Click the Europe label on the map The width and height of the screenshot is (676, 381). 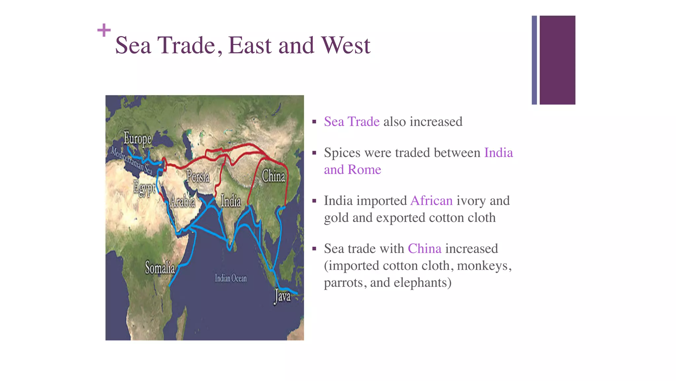pos(138,139)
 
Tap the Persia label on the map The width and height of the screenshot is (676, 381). pos(198,176)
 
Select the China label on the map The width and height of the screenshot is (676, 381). pos(273,176)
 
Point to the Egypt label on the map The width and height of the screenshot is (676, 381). pos(144,188)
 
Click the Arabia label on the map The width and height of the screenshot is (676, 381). pos(183,201)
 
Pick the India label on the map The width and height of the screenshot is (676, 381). pos(231,201)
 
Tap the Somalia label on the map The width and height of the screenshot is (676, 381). pos(160,268)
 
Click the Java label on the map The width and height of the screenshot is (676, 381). pos(283,296)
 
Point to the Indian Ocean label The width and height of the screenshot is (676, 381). pos(231,278)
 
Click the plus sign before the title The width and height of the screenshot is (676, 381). pos(104,30)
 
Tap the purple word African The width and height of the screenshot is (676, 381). pos(431,201)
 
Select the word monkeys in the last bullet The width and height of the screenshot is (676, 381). pos(484,266)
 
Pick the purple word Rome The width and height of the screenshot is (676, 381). pos(364,170)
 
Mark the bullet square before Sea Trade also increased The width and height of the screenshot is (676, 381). pos(314,122)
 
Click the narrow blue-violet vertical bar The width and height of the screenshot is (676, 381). pos(534,60)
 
